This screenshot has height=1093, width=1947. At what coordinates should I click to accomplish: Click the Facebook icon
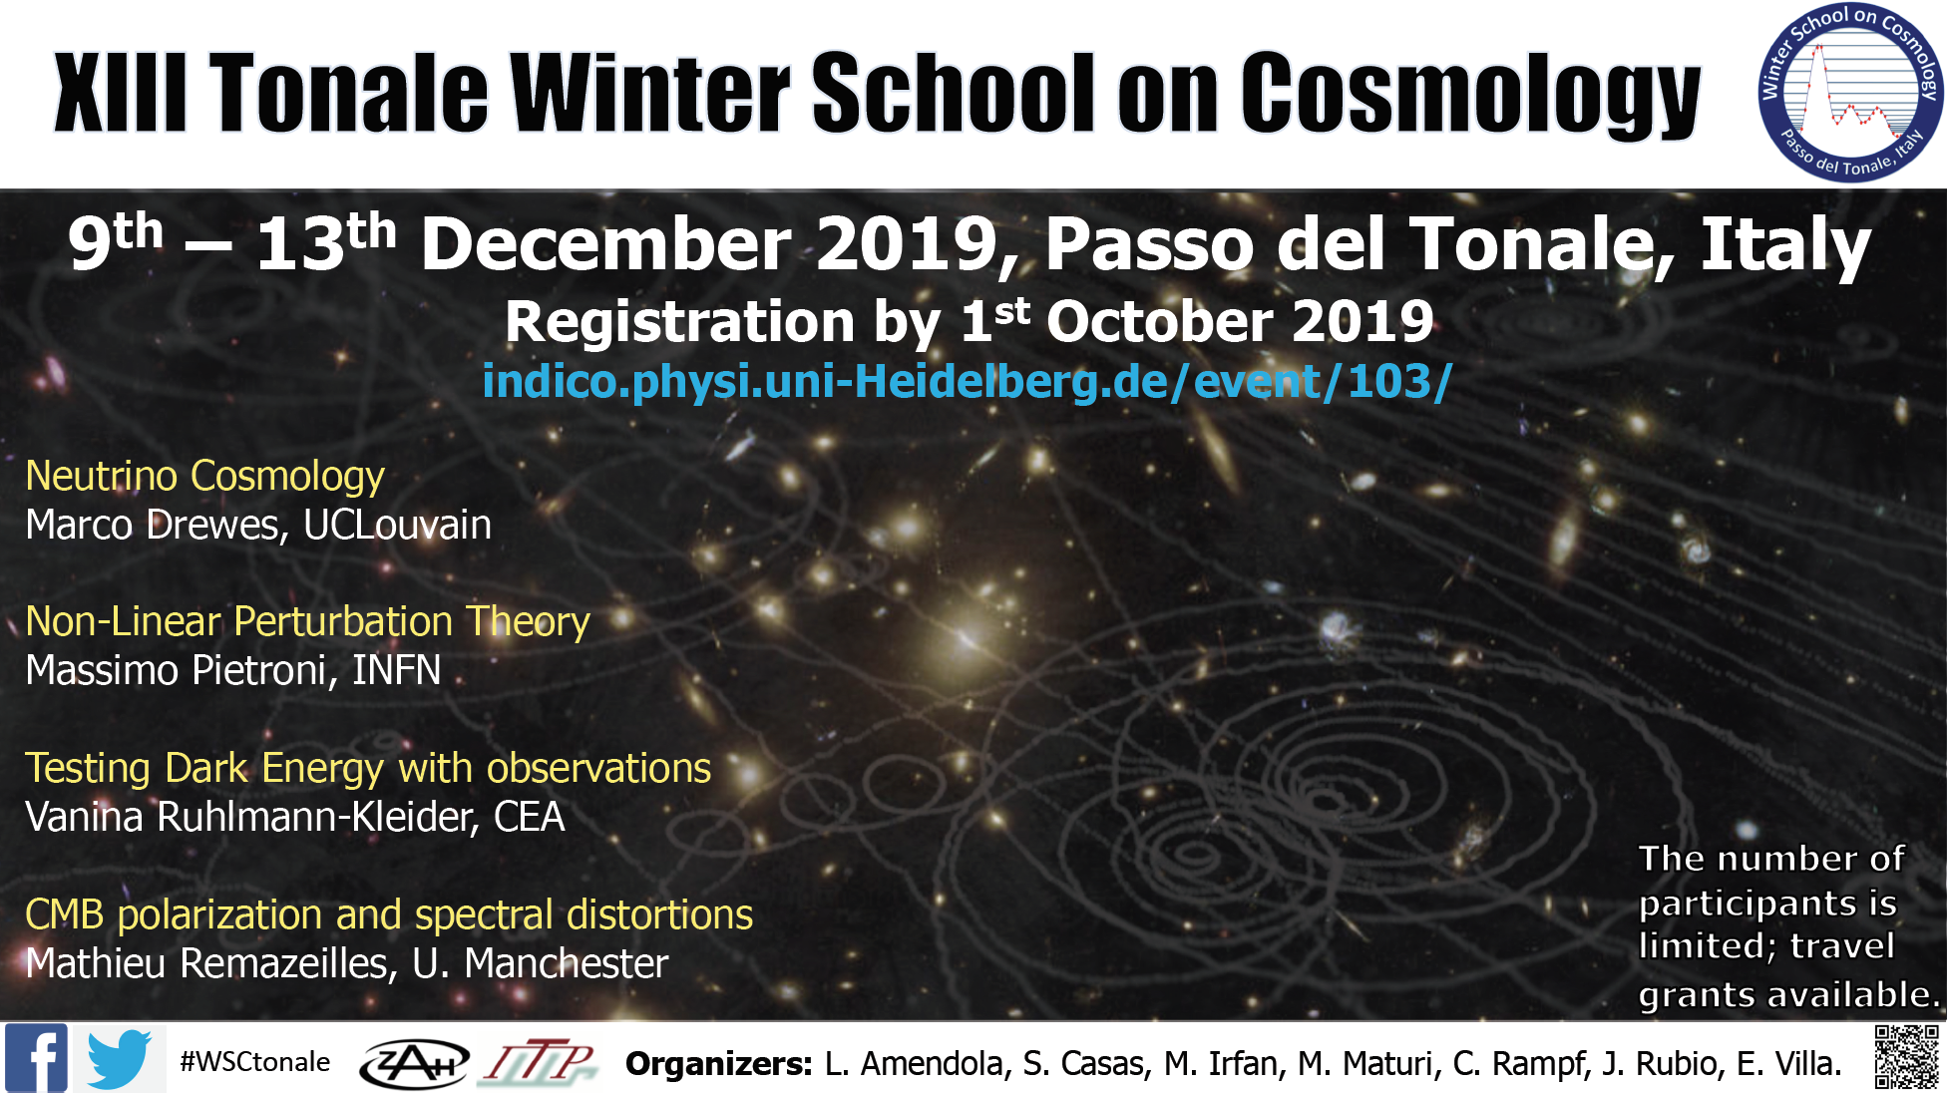[x=36, y=1058]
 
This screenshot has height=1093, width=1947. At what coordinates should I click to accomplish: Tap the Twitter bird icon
[x=119, y=1059]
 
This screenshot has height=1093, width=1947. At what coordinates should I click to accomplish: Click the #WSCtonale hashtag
[x=254, y=1061]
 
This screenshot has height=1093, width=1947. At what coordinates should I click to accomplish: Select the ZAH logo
[x=414, y=1063]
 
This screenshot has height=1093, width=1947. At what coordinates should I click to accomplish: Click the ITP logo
[x=540, y=1062]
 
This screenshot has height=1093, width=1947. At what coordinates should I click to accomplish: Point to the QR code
[x=1906, y=1057]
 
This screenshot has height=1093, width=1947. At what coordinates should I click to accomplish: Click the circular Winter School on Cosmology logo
[x=1850, y=93]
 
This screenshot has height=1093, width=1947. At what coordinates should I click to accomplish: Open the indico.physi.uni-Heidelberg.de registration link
[x=967, y=381]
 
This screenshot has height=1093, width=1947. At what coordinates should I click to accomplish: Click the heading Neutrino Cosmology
[x=204, y=476]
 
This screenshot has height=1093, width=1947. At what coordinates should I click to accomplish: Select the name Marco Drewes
[x=157, y=526]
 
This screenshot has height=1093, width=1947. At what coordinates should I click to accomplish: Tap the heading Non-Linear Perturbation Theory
[x=307, y=621]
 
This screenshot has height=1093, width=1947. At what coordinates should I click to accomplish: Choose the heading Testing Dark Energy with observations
[x=368, y=768]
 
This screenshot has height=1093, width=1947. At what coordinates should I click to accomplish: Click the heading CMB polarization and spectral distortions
[x=389, y=914]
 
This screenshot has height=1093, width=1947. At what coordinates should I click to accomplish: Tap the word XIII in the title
[x=121, y=93]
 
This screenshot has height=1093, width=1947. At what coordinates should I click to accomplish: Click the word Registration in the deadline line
[x=680, y=323]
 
